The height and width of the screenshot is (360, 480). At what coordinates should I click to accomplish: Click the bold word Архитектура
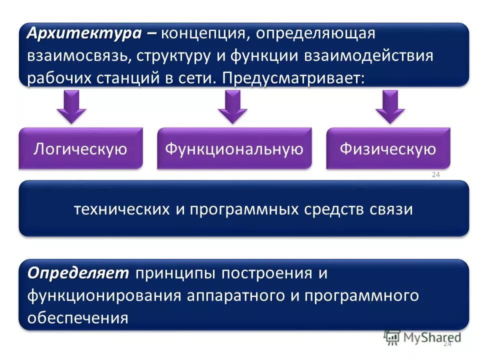[x=84, y=33]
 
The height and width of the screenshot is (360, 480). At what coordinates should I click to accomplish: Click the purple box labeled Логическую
[x=80, y=149]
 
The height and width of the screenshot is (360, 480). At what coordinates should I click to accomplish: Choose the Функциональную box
[x=234, y=149]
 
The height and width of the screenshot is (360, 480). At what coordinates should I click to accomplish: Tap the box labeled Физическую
[x=388, y=149]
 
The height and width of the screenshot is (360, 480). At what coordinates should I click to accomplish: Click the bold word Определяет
[x=78, y=273]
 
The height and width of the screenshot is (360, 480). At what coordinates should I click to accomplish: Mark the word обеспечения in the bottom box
[x=78, y=317]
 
